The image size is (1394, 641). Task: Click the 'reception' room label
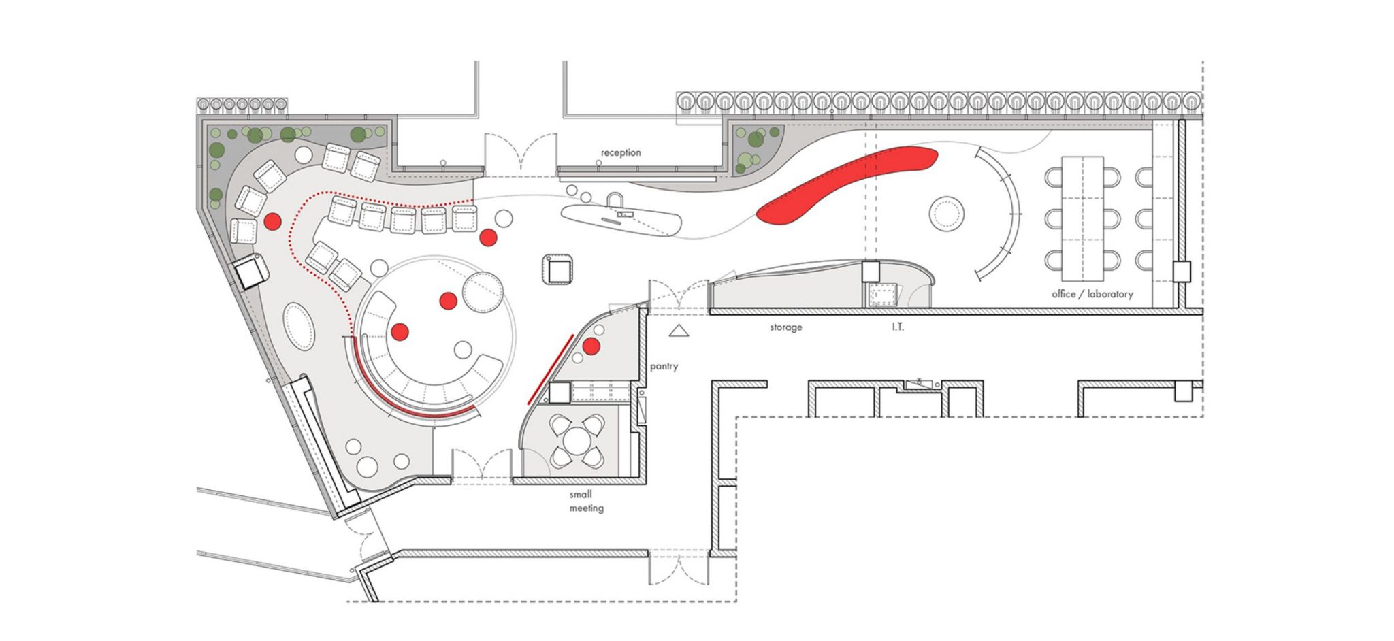[620, 153]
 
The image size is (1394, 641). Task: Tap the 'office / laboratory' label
[1092, 294]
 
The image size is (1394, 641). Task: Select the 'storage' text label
[785, 327]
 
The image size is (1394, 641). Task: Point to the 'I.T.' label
[897, 327]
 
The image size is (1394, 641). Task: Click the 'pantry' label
[664, 367]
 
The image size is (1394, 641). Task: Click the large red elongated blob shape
[847, 185]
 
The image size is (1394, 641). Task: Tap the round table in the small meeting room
[577, 441]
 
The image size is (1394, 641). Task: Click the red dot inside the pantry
[591, 346]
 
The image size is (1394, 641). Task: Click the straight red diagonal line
[549, 369]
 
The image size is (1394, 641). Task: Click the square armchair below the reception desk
[559, 269]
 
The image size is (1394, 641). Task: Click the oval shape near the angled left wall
[299, 327]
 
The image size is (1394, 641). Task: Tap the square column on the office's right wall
[1182, 272]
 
